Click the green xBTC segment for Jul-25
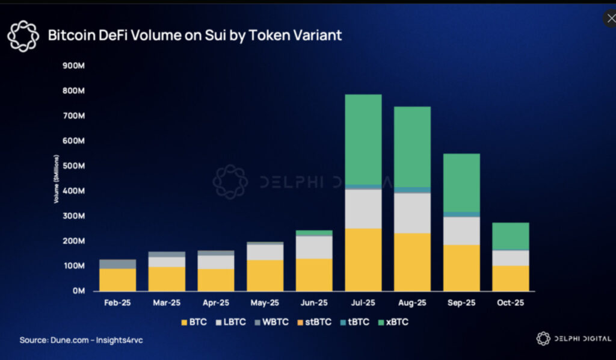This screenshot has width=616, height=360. [x=363, y=140]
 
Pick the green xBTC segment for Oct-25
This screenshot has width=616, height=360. [x=511, y=236]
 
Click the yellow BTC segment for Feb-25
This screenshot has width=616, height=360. [x=118, y=279]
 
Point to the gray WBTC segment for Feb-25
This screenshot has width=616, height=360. [x=118, y=264]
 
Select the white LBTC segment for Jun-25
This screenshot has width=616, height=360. [x=314, y=247]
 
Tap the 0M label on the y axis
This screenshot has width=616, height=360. [x=79, y=291]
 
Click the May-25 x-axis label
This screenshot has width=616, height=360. [x=265, y=303]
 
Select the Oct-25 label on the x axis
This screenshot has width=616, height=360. [x=511, y=303]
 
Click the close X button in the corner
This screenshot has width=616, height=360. [x=609, y=18]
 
